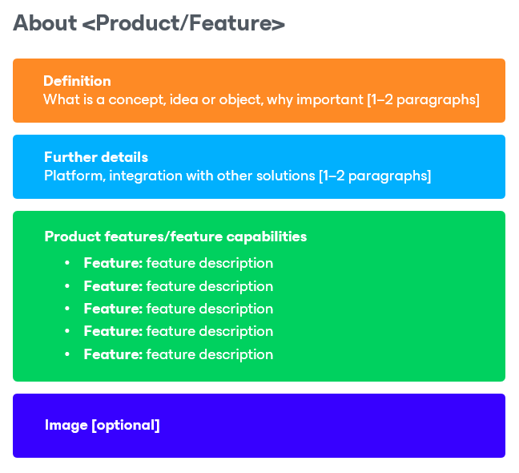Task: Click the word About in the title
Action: click(x=45, y=23)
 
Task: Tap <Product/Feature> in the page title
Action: click(x=183, y=23)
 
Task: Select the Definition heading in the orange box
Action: click(x=77, y=81)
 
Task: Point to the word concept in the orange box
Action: click(x=138, y=99)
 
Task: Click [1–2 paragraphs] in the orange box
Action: click(x=424, y=99)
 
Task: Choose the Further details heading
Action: click(x=96, y=157)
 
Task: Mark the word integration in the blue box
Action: click(x=146, y=176)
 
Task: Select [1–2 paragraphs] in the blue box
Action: click(x=375, y=176)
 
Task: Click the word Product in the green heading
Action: click(x=73, y=236)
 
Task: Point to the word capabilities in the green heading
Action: click(x=267, y=236)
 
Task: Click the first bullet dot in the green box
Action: click(x=67, y=263)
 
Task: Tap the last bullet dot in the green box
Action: click(x=67, y=354)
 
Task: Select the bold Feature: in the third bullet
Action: click(x=113, y=309)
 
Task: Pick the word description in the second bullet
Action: click(x=236, y=286)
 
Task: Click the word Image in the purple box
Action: click(x=66, y=426)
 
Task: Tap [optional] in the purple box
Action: click(x=126, y=426)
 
